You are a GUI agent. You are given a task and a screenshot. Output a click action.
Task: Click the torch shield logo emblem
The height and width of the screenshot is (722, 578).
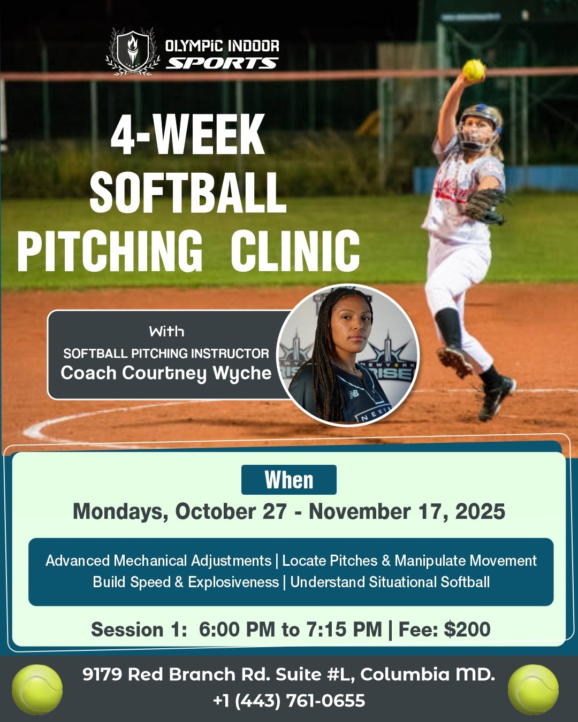click(x=133, y=52)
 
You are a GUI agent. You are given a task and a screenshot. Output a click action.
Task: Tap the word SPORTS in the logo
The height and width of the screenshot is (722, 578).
click(x=222, y=64)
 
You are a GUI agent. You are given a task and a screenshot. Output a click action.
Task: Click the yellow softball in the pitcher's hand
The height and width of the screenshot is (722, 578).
click(x=473, y=70)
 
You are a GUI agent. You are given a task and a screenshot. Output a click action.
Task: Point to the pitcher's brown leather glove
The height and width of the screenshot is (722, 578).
click(x=484, y=205)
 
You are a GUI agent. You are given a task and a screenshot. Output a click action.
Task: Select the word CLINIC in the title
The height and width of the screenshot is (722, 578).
click(x=295, y=250)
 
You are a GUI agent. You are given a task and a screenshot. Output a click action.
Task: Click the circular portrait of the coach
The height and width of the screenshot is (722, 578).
click(x=348, y=355)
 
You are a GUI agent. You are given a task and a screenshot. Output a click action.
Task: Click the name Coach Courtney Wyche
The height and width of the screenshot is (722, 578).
click(x=166, y=373)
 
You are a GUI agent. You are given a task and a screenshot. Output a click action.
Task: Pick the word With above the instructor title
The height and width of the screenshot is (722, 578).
click(x=166, y=332)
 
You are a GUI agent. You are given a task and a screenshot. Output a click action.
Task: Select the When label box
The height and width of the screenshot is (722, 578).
click(x=289, y=480)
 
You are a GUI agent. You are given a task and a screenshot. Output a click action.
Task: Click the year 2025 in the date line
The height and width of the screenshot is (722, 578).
click(x=480, y=512)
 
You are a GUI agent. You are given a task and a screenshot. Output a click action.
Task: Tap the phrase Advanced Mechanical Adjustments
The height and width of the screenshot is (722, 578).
click(x=158, y=560)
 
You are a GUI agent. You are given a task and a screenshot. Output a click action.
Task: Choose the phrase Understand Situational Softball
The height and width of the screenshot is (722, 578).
click(x=390, y=582)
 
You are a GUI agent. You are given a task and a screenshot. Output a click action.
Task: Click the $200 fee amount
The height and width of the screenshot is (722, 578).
click(x=467, y=629)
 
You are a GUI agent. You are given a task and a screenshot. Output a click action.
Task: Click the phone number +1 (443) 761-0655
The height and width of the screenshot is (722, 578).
click(x=289, y=701)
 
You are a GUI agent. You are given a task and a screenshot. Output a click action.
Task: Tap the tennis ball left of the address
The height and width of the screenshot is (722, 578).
click(x=37, y=689)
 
